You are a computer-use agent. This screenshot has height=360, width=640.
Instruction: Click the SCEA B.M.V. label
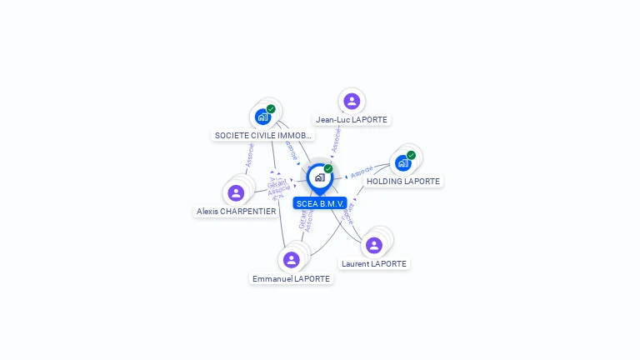(320, 203)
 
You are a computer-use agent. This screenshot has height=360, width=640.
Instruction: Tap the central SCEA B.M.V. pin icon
(319, 177)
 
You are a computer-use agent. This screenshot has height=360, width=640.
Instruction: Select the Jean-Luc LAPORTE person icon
(352, 101)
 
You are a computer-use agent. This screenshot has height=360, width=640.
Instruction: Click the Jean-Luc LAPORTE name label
(352, 120)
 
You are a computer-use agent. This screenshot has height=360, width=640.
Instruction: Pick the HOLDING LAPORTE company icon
(403, 162)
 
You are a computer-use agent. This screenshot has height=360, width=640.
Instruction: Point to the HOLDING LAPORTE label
(403, 182)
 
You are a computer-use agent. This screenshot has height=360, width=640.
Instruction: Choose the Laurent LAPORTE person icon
(374, 245)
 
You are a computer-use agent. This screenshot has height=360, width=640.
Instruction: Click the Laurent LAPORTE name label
(374, 264)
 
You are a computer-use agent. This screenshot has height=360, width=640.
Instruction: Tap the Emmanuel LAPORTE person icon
(291, 260)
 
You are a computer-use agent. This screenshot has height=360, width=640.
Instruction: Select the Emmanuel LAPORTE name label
(291, 279)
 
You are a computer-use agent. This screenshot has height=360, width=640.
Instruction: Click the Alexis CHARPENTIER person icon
(236, 192)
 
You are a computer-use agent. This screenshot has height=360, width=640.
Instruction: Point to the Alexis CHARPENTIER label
(236, 212)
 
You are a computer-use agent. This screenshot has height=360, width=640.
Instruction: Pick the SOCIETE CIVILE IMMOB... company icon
(262, 117)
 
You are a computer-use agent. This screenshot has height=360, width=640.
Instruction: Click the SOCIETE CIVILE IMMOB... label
(263, 135)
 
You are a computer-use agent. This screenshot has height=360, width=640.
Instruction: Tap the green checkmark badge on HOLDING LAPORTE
(411, 155)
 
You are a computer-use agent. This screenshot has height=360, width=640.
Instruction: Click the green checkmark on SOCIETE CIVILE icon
(271, 109)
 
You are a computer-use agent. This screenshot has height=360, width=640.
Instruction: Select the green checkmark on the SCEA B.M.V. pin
(328, 169)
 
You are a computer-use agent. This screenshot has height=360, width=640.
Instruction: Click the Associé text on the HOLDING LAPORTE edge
(362, 173)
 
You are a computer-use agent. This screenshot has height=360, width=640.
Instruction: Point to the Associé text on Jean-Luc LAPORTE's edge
(336, 140)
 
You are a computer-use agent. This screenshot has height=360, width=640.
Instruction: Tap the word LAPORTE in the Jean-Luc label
(370, 120)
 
